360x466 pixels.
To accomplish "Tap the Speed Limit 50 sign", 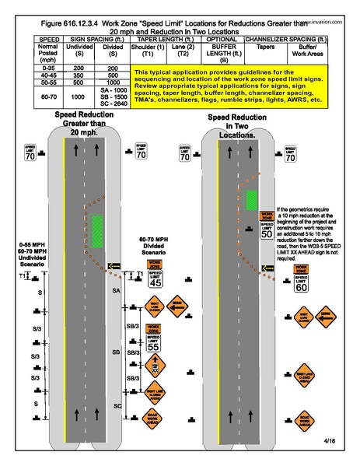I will (x=265, y=229).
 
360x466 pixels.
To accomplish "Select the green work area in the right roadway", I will (x=252, y=199).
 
